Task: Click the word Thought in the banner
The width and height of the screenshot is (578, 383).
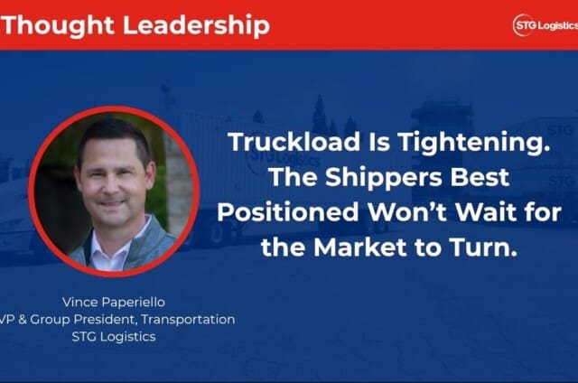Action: [x=58, y=26]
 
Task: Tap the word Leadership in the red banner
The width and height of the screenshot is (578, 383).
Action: [x=196, y=26]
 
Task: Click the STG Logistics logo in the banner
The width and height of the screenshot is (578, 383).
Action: [x=545, y=25]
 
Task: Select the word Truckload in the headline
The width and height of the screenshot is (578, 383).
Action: [x=294, y=142]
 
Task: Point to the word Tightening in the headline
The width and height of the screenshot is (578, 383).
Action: [x=473, y=143]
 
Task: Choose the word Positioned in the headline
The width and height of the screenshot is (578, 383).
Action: [x=288, y=213]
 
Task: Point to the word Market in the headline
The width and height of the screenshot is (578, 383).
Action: [x=360, y=248]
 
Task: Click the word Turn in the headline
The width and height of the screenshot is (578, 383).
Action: [x=484, y=248]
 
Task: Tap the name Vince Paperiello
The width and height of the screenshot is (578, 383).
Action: [x=114, y=303]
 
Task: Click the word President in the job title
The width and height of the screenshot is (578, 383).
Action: [x=106, y=319]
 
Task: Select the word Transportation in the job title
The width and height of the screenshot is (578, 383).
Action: [x=188, y=319]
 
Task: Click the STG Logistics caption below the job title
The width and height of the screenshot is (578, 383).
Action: [x=114, y=337]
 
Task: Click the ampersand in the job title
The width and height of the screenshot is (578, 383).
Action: [x=22, y=319]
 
